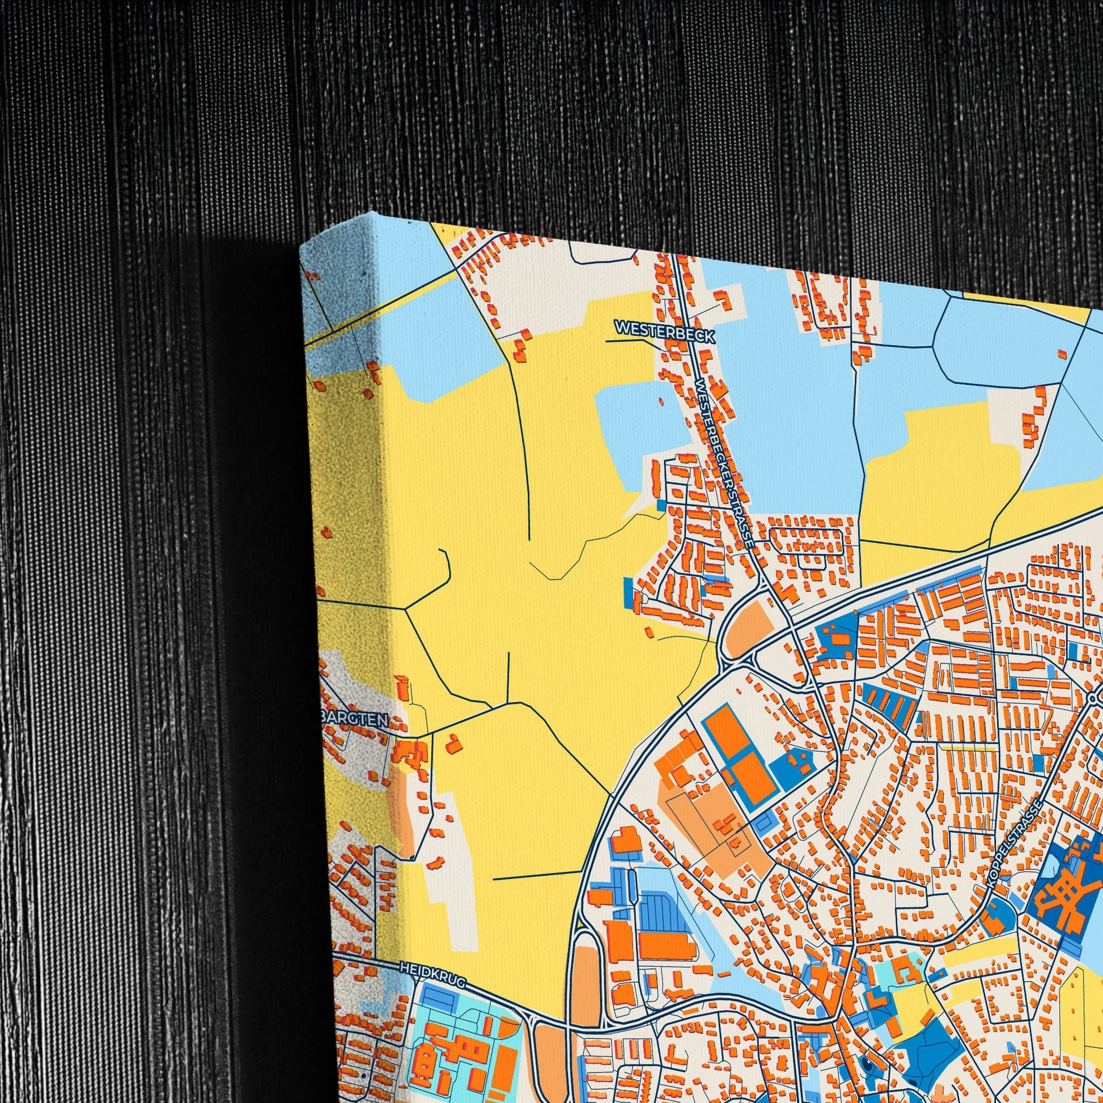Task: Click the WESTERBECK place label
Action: pyautogui.click(x=664, y=332)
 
